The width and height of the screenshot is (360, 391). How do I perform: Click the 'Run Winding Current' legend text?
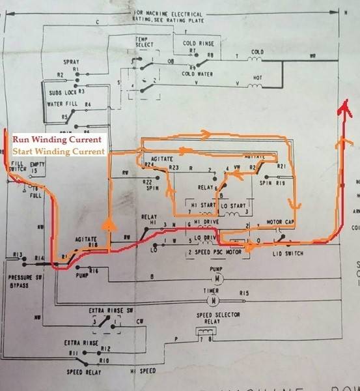(57, 139)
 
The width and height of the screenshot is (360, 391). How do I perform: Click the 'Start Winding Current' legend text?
(59, 151)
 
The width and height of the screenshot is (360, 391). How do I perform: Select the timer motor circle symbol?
(210, 301)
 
